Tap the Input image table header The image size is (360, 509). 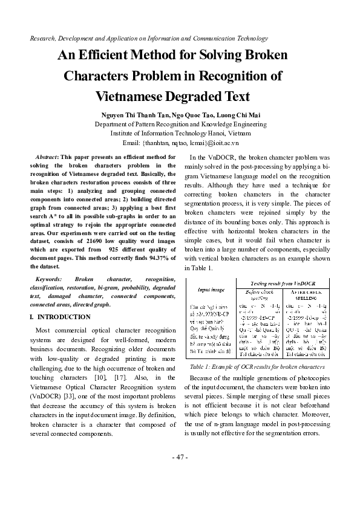tap(212, 290)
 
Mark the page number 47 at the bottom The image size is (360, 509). tap(180, 456)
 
